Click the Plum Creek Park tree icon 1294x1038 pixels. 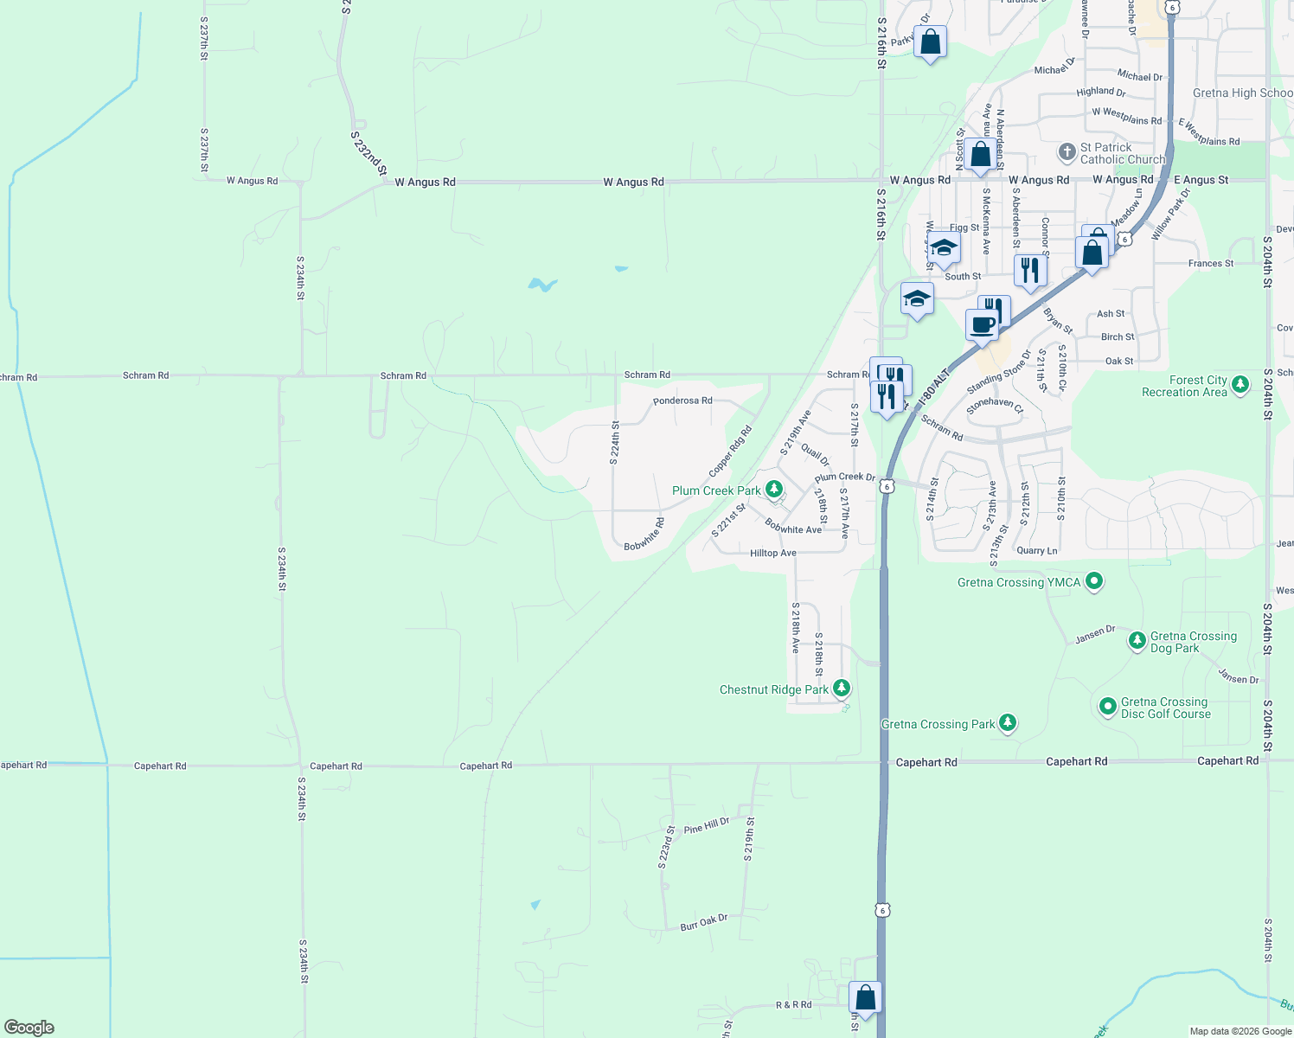(774, 490)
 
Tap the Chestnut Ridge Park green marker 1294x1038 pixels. (842, 689)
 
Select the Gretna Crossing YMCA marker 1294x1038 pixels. (1094, 581)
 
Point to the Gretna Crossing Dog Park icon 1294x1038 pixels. (1137, 641)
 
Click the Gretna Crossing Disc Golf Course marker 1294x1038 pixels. (1108, 707)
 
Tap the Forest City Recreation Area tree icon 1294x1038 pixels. (1240, 385)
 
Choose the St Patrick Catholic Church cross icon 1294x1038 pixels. (1067, 152)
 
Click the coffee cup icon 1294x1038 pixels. (982, 326)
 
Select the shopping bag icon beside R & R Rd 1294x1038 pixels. (865, 997)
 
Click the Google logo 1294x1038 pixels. (29, 1028)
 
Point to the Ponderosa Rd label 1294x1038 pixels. (682, 400)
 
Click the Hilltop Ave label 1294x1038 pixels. (773, 553)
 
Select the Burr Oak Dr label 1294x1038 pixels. (703, 922)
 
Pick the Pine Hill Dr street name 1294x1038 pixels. (707, 826)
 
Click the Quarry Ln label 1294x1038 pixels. (1037, 550)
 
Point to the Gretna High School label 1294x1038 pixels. (1242, 93)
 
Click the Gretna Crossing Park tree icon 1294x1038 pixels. (1007, 723)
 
